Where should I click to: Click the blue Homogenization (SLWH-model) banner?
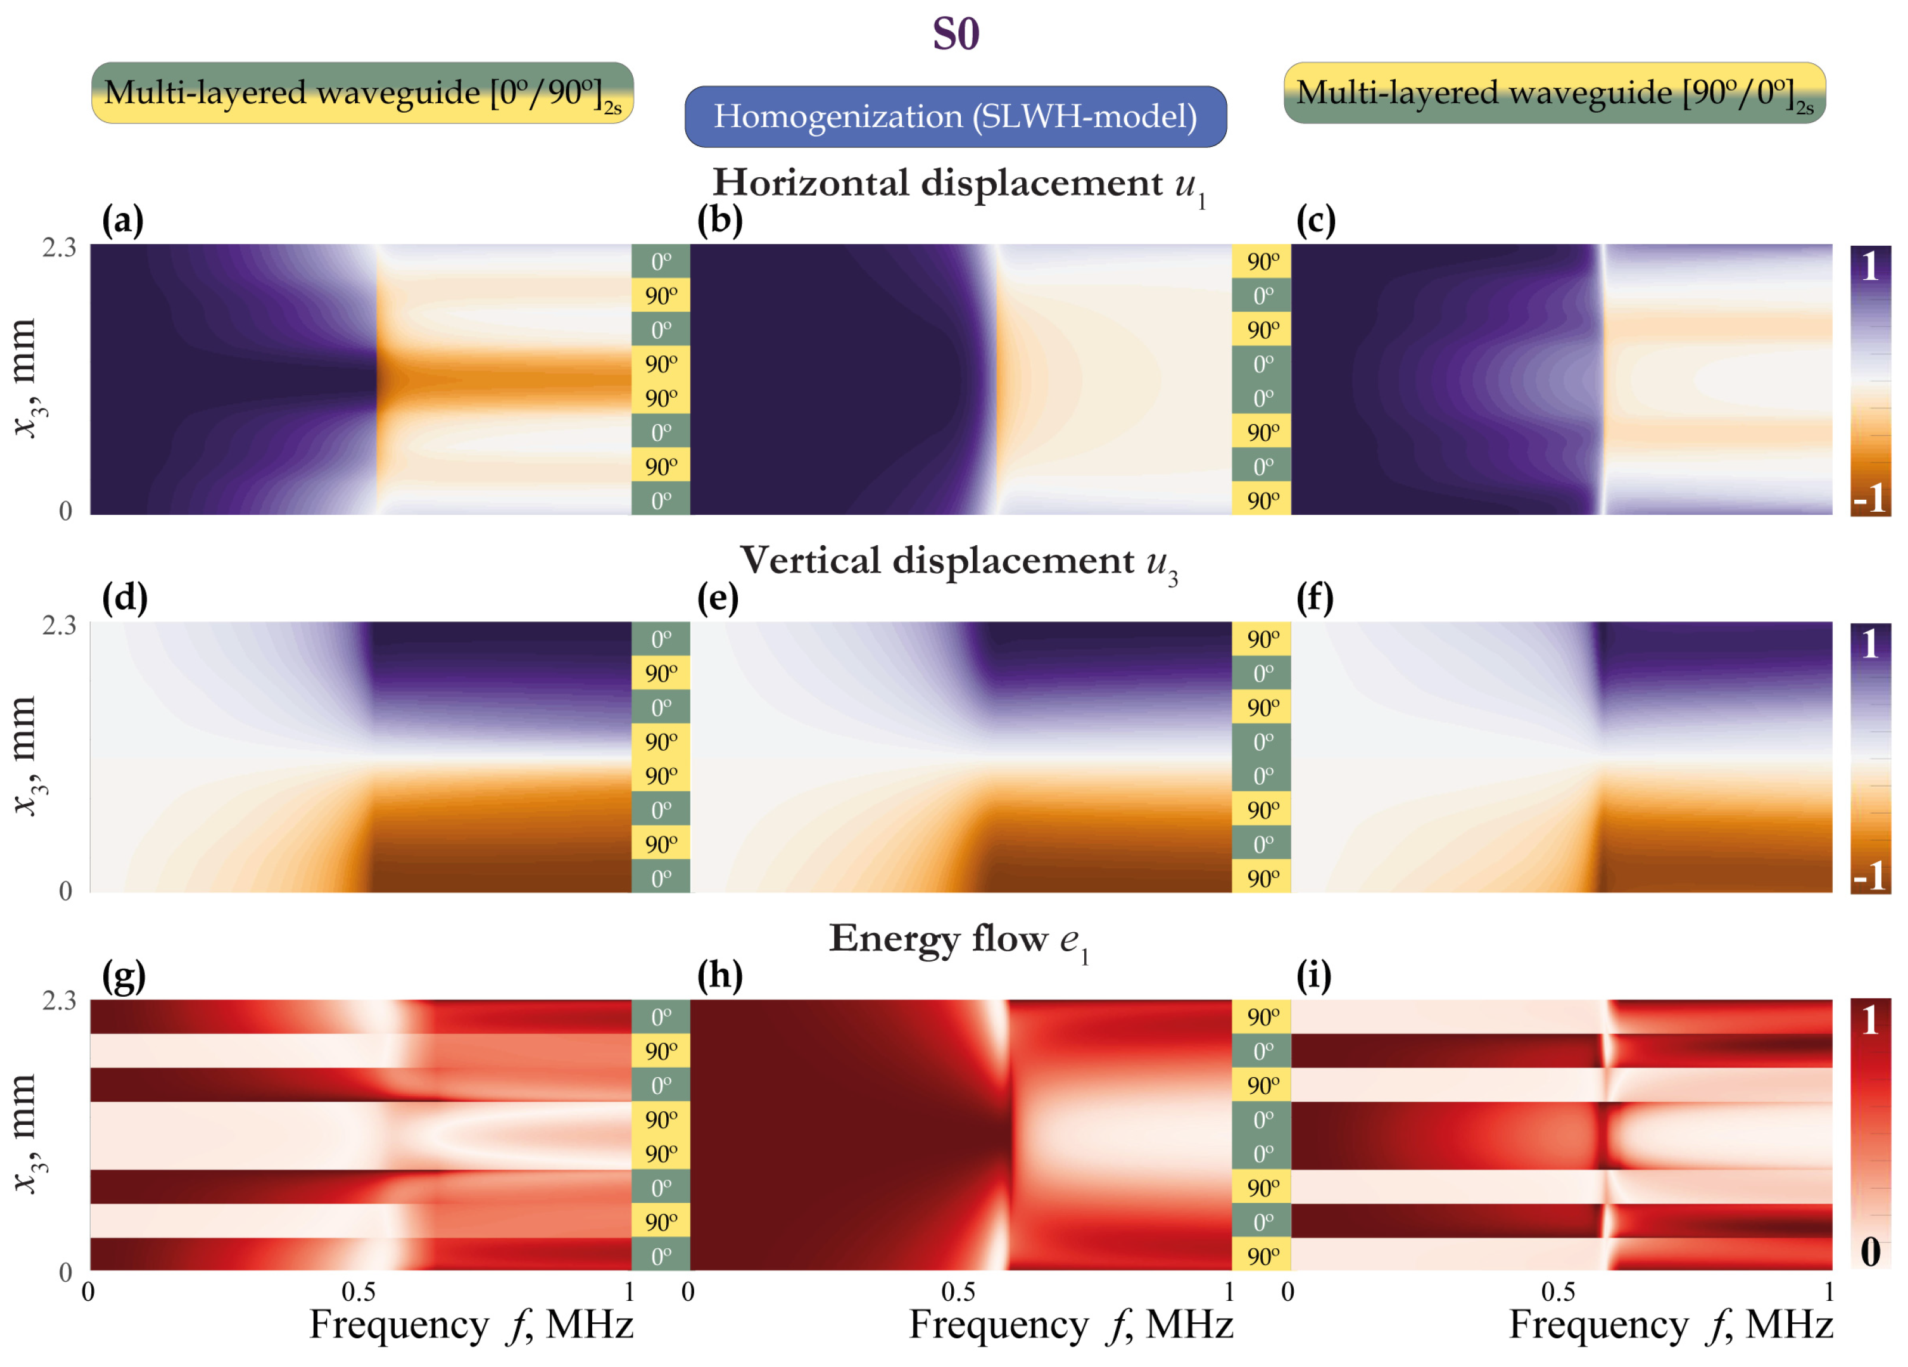click(955, 116)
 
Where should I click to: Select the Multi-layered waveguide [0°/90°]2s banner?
click(362, 92)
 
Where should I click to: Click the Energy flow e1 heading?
click(958, 939)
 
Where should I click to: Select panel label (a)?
click(123, 221)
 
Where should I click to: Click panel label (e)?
click(718, 598)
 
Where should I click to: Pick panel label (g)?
click(123, 976)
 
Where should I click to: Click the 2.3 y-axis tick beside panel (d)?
click(59, 625)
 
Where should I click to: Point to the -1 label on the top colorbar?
click(1869, 500)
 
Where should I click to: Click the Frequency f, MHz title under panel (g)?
click(471, 1325)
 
